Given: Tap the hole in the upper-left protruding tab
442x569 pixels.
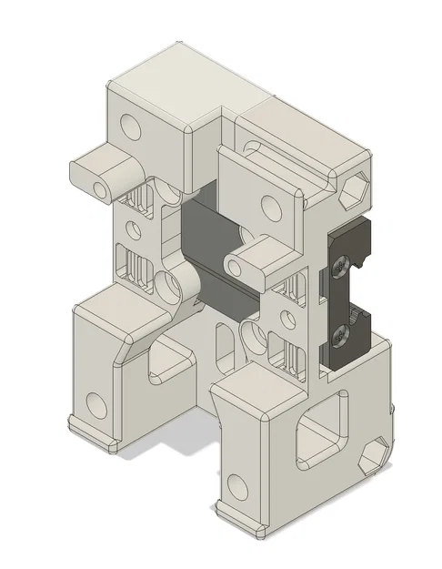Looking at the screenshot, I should coord(99,184).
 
